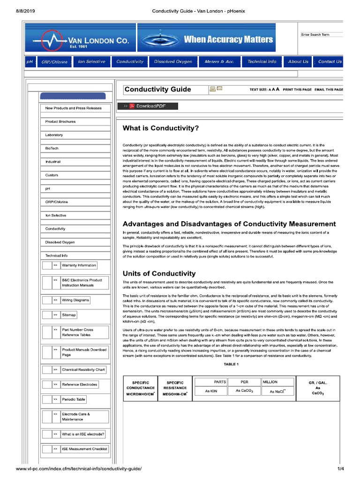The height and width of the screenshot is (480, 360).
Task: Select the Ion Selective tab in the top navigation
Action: click(x=92, y=62)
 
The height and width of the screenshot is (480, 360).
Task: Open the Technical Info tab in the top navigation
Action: click(x=262, y=62)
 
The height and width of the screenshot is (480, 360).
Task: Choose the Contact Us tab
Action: click(x=330, y=62)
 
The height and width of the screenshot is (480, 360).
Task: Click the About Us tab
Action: click(x=298, y=62)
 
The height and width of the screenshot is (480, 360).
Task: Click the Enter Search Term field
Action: click(x=322, y=35)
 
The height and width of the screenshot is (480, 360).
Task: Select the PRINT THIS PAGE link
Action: click(x=297, y=89)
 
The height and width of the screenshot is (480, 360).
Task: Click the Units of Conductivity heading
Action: click(x=159, y=273)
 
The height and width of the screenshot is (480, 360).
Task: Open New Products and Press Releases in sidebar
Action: click(x=73, y=108)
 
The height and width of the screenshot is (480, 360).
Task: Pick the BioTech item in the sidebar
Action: click(x=52, y=148)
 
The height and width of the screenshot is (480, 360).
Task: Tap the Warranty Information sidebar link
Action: click(x=79, y=265)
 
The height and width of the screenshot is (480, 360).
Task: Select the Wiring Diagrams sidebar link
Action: click(x=75, y=300)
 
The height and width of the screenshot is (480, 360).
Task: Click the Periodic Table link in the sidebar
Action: click(x=74, y=400)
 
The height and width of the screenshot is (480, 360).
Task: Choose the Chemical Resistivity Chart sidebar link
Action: click(x=83, y=370)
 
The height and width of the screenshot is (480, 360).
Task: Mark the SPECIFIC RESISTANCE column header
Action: click(x=175, y=388)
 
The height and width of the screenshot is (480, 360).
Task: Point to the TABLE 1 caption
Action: click(x=231, y=364)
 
